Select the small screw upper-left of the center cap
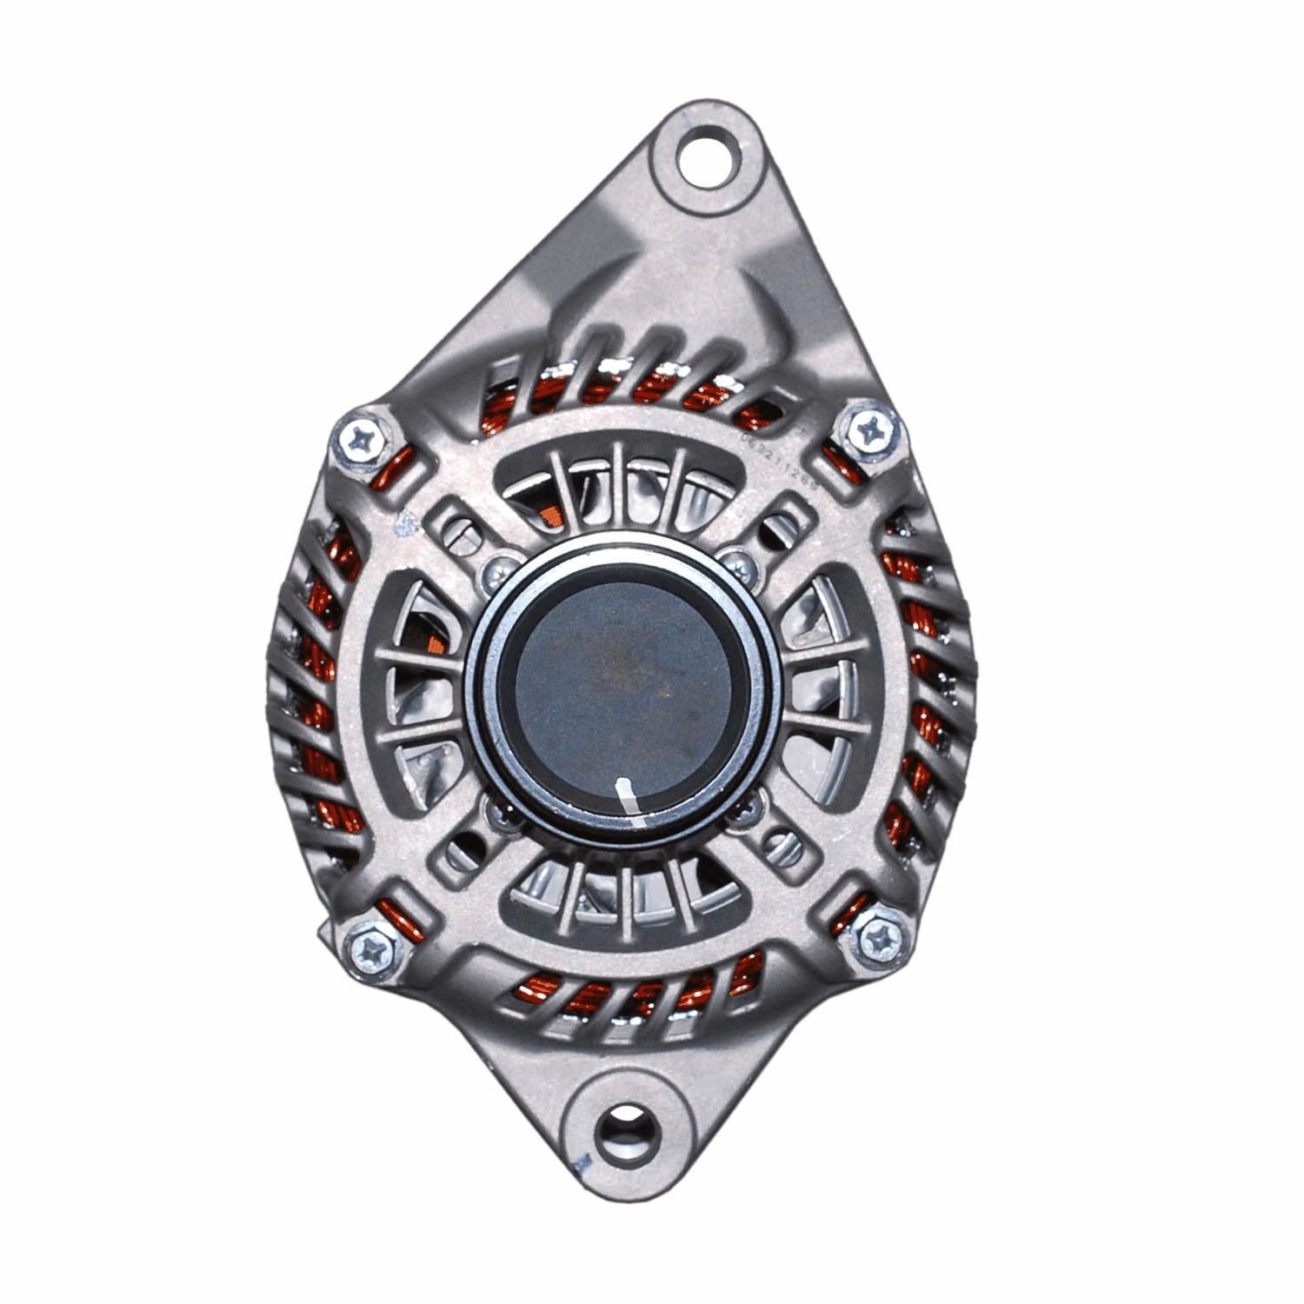pyautogui.click(x=497, y=566)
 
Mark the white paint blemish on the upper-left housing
pyautogui.click(x=403, y=524)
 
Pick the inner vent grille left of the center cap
pyautogui.click(x=417, y=687)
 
